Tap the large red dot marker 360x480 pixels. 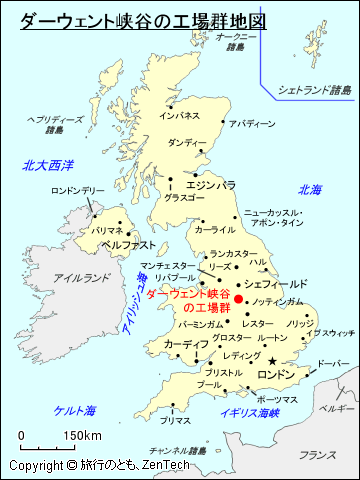238,298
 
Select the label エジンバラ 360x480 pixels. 211,185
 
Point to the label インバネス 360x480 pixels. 180,116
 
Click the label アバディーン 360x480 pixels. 251,124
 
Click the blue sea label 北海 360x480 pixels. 309,190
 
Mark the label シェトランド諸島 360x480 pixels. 316,89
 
